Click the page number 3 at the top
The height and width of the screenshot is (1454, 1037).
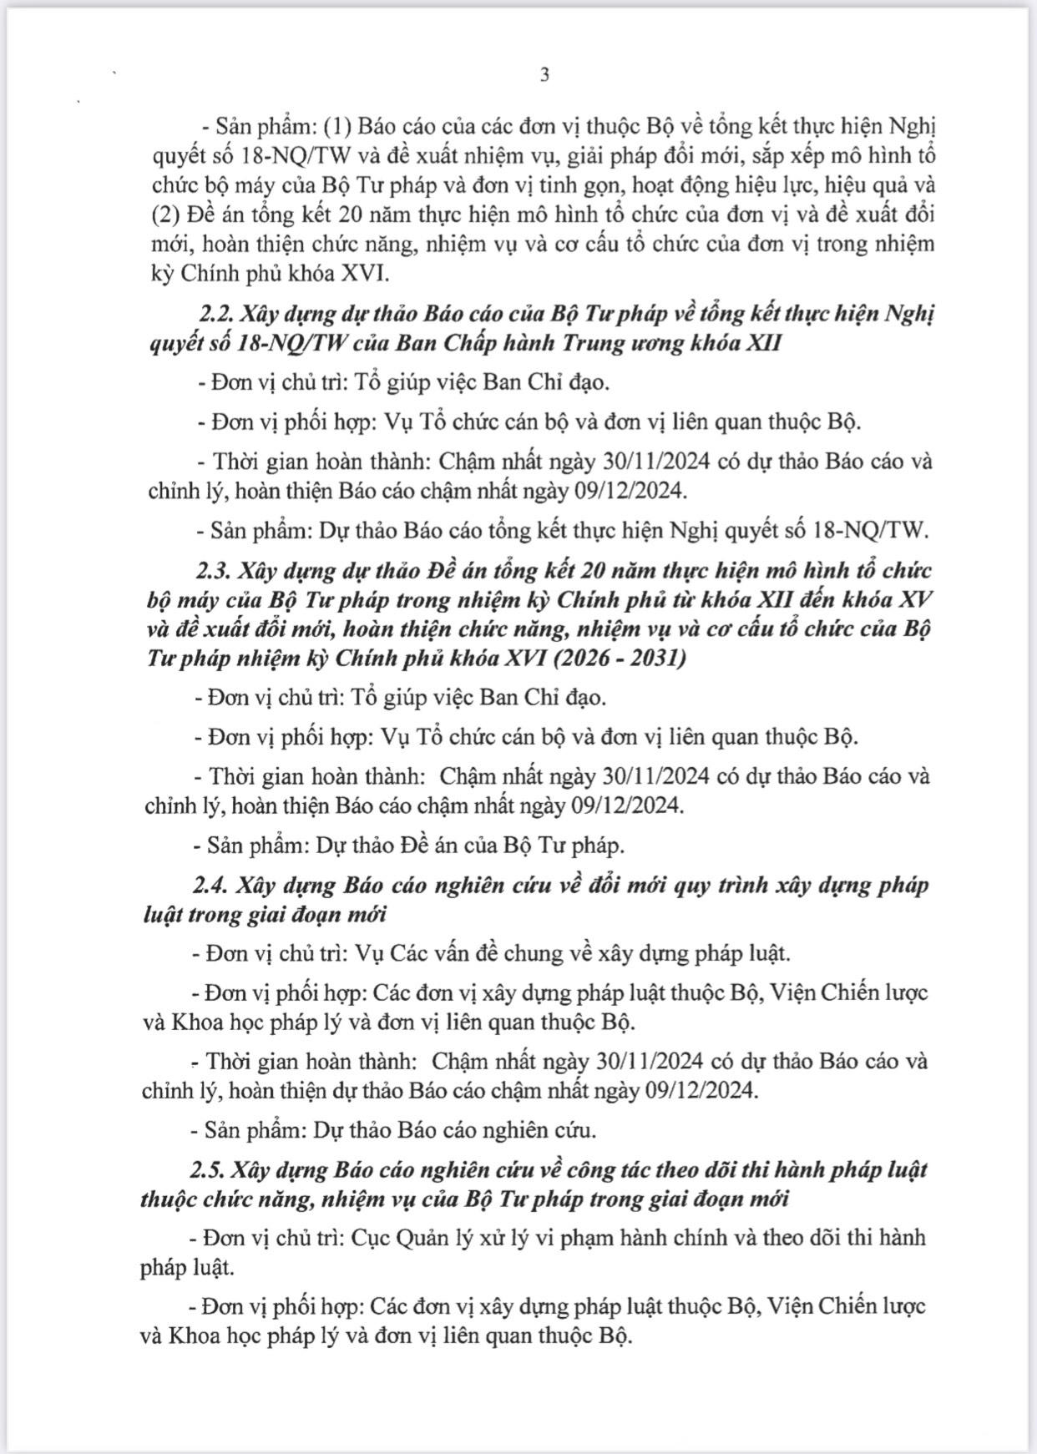pyautogui.click(x=544, y=75)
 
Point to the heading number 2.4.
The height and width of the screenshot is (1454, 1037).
pyautogui.click(x=213, y=885)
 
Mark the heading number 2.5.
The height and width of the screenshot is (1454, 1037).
pyautogui.click(x=211, y=1169)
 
